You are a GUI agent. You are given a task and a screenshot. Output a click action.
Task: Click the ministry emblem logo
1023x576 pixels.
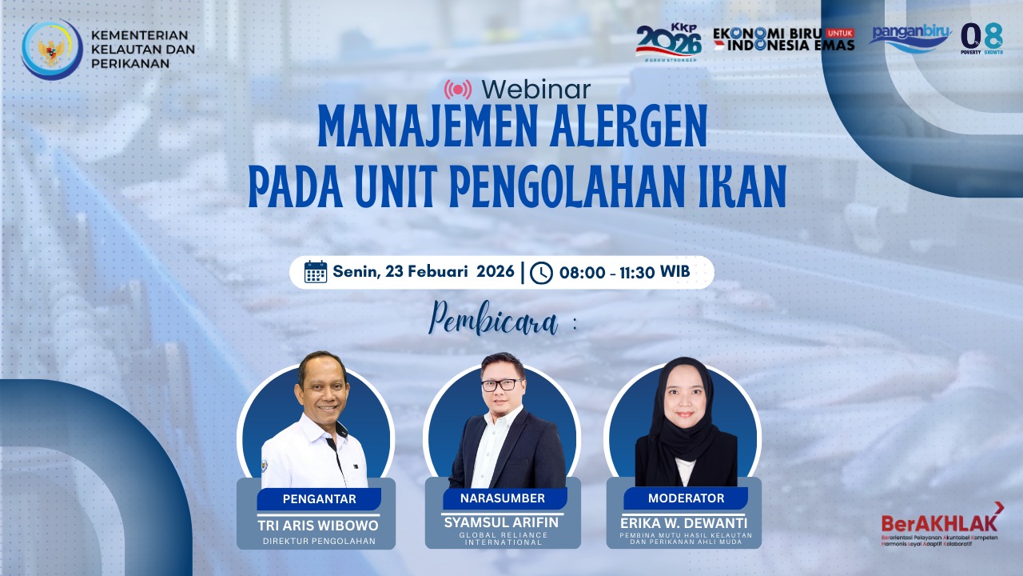tap(52, 50)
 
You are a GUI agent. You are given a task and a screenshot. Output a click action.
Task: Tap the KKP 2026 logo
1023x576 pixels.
tap(668, 41)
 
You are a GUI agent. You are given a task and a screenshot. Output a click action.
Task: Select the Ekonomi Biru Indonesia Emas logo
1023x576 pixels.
tap(783, 38)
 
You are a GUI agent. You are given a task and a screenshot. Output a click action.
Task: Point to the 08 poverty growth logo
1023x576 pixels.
tap(981, 38)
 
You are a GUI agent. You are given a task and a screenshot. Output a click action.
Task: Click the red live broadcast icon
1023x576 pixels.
tap(458, 88)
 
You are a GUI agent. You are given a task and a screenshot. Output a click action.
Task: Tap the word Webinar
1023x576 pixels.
tap(536, 88)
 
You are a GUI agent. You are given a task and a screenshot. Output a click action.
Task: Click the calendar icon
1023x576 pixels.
tap(316, 272)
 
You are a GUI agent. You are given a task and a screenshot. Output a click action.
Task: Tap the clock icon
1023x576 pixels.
tap(541, 273)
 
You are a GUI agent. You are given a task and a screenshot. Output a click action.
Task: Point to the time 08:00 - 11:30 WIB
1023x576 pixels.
tap(624, 273)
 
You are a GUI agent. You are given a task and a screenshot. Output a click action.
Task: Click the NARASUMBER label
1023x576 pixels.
tap(503, 498)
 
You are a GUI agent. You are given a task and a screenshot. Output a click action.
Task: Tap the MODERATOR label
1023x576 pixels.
tap(686, 498)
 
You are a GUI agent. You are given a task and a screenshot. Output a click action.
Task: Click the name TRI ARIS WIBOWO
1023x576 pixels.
tap(318, 526)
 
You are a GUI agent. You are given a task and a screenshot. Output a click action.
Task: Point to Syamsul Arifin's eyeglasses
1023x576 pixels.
tap(500, 385)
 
